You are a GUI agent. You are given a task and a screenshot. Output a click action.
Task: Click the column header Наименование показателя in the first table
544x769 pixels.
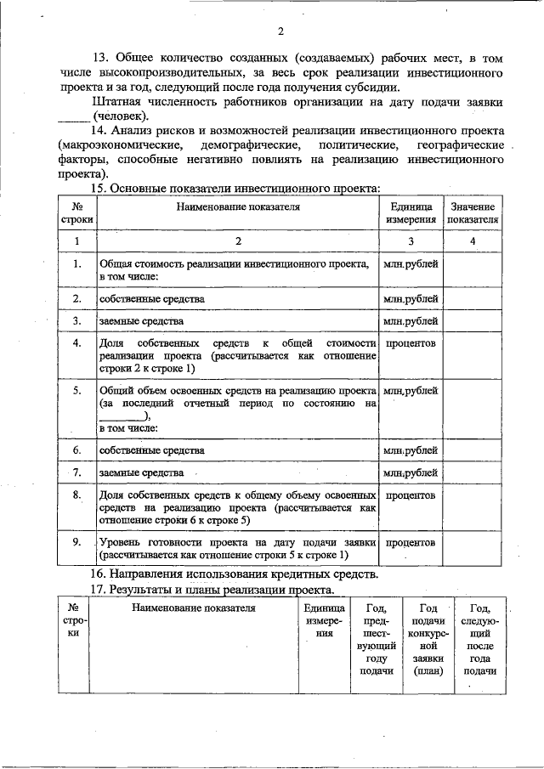(x=239, y=206)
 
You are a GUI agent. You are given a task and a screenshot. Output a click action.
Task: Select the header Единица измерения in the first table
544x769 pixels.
(x=411, y=212)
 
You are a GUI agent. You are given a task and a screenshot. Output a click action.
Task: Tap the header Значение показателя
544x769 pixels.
(x=473, y=212)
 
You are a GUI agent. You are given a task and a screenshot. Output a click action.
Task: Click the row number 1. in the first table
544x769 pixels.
(x=77, y=264)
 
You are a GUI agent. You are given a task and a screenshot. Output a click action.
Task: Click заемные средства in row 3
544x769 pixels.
(x=141, y=321)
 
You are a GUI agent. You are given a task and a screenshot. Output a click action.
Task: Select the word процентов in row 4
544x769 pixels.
(x=411, y=343)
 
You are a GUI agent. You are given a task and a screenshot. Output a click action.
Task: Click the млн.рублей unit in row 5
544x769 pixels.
(x=411, y=390)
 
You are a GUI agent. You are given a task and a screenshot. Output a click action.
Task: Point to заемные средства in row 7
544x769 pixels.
(x=141, y=472)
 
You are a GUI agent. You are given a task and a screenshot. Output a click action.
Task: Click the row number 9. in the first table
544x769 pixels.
(x=77, y=541)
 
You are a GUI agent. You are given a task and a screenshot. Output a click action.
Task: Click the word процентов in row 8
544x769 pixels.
(x=411, y=495)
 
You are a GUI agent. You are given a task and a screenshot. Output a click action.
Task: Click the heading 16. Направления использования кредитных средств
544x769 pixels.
(x=235, y=574)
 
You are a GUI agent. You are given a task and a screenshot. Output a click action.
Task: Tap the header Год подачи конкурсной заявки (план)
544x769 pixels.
(x=428, y=639)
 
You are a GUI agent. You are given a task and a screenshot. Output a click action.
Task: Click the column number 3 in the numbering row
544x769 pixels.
(x=411, y=241)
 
